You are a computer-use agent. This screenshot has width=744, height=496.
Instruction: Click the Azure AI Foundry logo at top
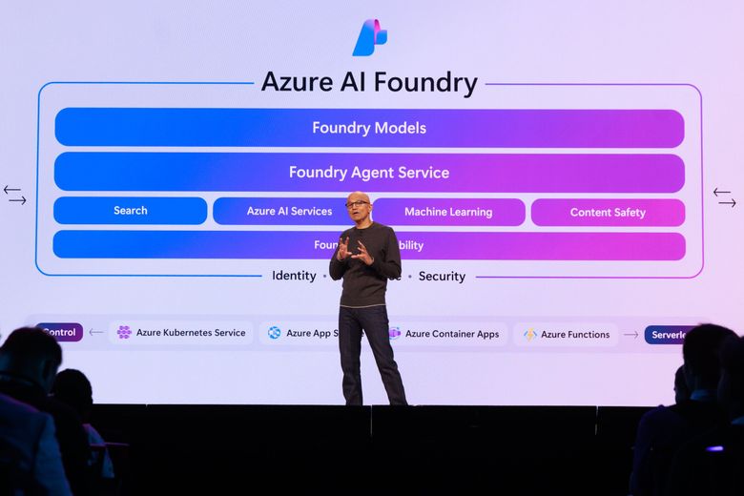[x=370, y=37]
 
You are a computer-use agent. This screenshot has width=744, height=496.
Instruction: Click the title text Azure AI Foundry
[x=369, y=83]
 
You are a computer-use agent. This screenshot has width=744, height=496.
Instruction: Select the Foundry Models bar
[x=369, y=128]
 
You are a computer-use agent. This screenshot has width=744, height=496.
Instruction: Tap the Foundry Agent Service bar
[x=369, y=173]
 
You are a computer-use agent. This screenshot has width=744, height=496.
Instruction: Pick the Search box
[x=131, y=211]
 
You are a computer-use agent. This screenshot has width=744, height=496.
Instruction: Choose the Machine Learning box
[x=448, y=212]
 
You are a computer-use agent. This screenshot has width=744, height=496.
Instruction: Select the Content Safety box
[x=608, y=212]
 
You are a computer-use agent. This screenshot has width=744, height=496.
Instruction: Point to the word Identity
[x=294, y=276]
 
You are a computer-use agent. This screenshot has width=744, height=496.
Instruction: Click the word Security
[x=442, y=277]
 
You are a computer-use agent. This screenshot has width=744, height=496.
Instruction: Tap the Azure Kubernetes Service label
[x=191, y=333]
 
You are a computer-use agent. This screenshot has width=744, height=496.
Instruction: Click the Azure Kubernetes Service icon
[x=124, y=333]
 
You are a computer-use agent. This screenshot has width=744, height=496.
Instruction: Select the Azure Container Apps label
[x=452, y=334]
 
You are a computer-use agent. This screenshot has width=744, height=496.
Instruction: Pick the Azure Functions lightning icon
[x=529, y=335]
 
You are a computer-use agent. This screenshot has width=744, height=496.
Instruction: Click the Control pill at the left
[x=59, y=332]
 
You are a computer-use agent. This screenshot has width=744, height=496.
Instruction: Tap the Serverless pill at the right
[x=668, y=335]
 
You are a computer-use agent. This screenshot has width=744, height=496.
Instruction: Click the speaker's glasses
[x=357, y=204]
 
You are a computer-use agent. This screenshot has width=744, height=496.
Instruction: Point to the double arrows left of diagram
[x=14, y=196]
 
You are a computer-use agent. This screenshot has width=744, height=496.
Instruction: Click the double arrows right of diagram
[x=725, y=197]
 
